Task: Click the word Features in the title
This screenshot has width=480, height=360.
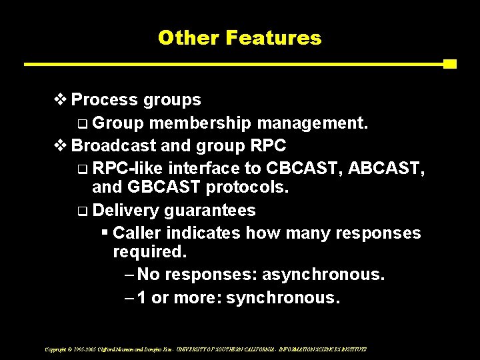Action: pos(273,38)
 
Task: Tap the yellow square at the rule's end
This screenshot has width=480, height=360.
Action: pos(450,64)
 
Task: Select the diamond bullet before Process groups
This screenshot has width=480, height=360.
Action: pos(60,100)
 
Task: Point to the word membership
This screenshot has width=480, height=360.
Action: pos(200,123)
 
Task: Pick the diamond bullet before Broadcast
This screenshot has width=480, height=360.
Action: pos(60,145)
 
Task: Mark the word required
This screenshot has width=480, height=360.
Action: pos(150,253)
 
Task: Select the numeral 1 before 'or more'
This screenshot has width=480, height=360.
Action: pos(142,297)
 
